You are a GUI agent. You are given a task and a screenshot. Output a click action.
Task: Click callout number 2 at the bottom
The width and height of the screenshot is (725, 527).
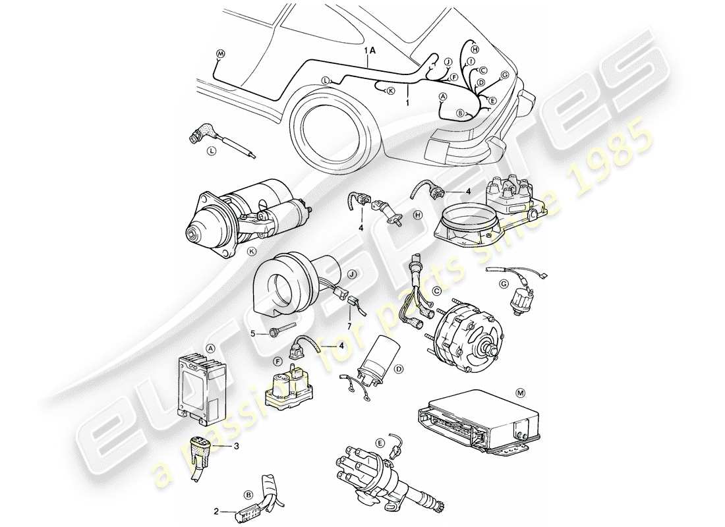coord(216,511)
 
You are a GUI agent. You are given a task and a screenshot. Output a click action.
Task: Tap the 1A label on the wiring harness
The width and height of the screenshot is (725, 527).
coord(369,50)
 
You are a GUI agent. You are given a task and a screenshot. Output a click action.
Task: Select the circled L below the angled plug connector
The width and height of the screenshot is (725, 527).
coord(212,151)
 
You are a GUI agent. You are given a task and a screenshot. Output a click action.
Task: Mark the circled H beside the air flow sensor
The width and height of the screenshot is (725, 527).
coord(417,214)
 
